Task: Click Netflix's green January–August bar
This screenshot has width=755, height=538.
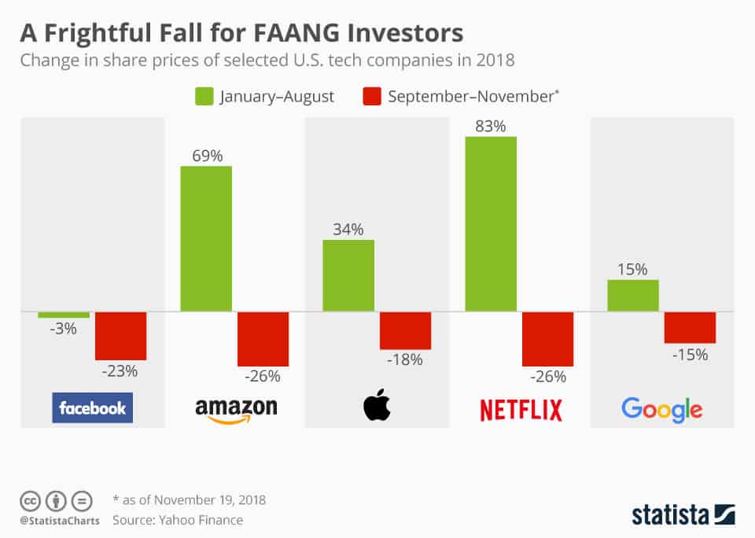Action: tap(491, 224)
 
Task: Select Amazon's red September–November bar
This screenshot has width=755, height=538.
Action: tap(263, 339)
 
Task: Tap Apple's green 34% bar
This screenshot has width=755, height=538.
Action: tap(348, 275)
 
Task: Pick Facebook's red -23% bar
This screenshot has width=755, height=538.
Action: tap(120, 336)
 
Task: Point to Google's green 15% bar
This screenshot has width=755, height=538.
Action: tap(633, 295)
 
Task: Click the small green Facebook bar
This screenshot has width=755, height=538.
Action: tap(64, 315)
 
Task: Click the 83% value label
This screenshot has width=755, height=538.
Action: tap(491, 126)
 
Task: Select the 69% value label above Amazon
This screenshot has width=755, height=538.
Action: tap(206, 155)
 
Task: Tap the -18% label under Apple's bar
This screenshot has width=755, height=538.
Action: tap(406, 359)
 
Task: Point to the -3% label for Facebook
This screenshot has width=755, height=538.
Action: tap(64, 329)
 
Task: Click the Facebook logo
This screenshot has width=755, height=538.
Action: tap(93, 408)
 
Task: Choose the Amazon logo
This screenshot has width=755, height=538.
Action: tap(236, 409)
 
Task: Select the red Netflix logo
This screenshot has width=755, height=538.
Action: tap(521, 410)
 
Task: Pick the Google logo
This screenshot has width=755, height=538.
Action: tap(661, 409)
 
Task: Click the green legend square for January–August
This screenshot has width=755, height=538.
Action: tap(203, 97)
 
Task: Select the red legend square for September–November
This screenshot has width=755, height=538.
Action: tap(372, 97)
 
